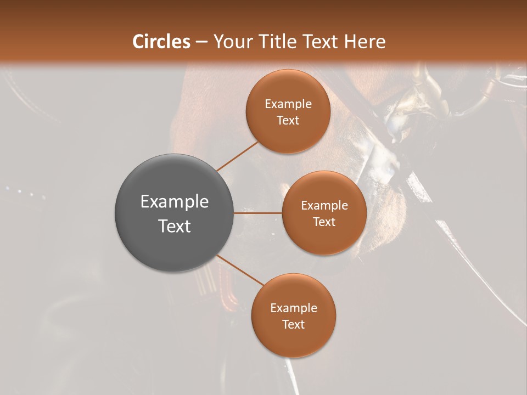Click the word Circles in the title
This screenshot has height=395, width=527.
click(161, 42)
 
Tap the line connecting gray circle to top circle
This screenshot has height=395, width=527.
click(237, 156)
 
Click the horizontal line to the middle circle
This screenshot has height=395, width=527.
click(258, 213)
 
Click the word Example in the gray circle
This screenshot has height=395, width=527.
click(175, 202)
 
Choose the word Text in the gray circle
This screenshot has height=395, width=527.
click(175, 225)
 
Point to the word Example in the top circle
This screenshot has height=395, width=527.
click(288, 104)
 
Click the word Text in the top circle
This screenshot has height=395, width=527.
click(288, 121)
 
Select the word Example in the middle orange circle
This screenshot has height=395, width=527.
click(324, 206)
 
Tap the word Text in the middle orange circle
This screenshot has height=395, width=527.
click(324, 222)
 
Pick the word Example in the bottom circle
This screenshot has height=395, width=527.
click(294, 308)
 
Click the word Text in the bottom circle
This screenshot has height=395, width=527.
click(294, 325)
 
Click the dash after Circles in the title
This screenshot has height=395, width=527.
click(201, 42)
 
